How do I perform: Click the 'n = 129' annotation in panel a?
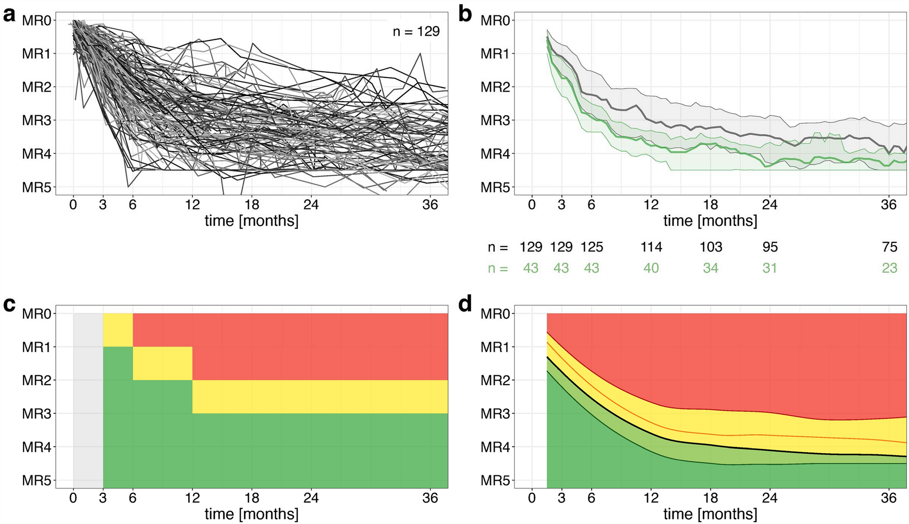coord(416,32)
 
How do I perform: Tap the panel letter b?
coord(465,14)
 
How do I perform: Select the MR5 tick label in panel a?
coord(36,187)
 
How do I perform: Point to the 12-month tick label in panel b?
coord(651,205)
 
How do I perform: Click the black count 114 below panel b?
coord(651,247)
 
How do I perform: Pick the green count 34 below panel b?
coord(710,268)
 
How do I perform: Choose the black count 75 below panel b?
coord(890,247)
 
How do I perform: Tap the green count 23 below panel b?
coord(890,268)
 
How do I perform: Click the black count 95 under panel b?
coord(770,247)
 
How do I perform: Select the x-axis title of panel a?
coord(251,221)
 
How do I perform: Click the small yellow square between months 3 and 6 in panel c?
coord(118,330)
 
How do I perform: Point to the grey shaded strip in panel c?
coord(88,400)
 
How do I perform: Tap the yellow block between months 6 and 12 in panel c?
coord(162,363)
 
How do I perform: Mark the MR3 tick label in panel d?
coord(495,414)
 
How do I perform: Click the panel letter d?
coord(465,305)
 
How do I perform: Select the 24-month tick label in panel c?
coord(311,498)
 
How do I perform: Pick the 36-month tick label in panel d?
coord(889,498)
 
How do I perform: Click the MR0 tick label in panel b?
coord(495,21)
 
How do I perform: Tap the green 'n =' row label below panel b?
coord(497,268)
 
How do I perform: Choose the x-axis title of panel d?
coord(710,514)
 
